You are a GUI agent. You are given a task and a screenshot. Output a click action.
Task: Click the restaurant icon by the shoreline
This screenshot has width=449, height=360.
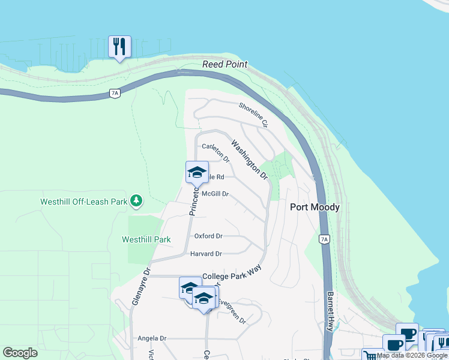pyautogui.click(x=119, y=46)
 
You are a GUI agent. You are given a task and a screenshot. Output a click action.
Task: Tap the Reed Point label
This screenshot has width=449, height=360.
pyautogui.click(x=225, y=64)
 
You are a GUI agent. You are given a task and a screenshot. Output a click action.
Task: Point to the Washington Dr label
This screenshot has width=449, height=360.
pyautogui.click(x=249, y=160)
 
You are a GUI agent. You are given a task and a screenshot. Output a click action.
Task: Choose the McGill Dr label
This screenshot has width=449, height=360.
pyautogui.click(x=215, y=194)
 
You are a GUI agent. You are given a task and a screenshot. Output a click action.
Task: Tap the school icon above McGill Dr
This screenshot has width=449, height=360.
pyautogui.click(x=197, y=173)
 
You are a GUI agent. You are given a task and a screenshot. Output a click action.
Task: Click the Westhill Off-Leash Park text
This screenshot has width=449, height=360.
pyautogui.click(x=83, y=202)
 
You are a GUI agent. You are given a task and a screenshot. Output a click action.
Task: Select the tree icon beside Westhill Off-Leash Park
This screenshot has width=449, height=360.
pyautogui.click(x=137, y=200)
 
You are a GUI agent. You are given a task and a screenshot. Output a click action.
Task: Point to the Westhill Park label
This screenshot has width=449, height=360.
pyautogui.click(x=146, y=239)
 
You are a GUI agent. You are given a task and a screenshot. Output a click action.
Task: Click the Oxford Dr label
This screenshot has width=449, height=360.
pyautogui.click(x=208, y=236)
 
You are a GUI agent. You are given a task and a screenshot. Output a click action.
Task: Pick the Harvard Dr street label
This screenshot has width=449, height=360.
pyautogui.click(x=206, y=254)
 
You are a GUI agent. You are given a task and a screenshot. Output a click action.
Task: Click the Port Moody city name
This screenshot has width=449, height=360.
pyautogui.click(x=315, y=207)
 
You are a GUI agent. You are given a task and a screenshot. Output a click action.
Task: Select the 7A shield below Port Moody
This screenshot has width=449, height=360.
pyautogui.click(x=324, y=239)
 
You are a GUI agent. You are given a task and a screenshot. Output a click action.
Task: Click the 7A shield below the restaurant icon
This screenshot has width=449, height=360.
pyautogui.click(x=115, y=92)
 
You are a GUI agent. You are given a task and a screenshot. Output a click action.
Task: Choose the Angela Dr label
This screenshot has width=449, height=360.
pyautogui.click(x=151, y=338)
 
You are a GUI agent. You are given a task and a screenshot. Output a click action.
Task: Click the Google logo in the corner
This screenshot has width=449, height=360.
pyautogui.click(x=20, y=353)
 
